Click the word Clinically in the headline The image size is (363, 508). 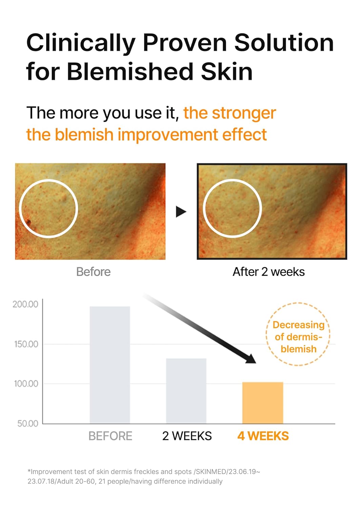point(81,43)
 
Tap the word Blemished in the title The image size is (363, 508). point(130,72)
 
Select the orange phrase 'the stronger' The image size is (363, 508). point(229,113)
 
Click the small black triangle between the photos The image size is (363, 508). point(181,212)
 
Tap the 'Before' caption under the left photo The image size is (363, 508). point(93,272)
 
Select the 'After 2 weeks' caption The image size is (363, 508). point(268,272)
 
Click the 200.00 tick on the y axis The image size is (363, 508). point(25,304)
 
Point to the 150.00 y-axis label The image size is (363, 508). point(26,344)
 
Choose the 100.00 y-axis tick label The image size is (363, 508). point(26,384)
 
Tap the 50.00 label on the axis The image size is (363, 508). point(28,423)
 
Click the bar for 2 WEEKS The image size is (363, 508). point(186,391)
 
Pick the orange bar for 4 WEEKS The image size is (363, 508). point(263,403)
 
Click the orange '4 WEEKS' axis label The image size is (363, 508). point(263,436)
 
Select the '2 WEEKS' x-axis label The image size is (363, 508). point(187,436)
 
